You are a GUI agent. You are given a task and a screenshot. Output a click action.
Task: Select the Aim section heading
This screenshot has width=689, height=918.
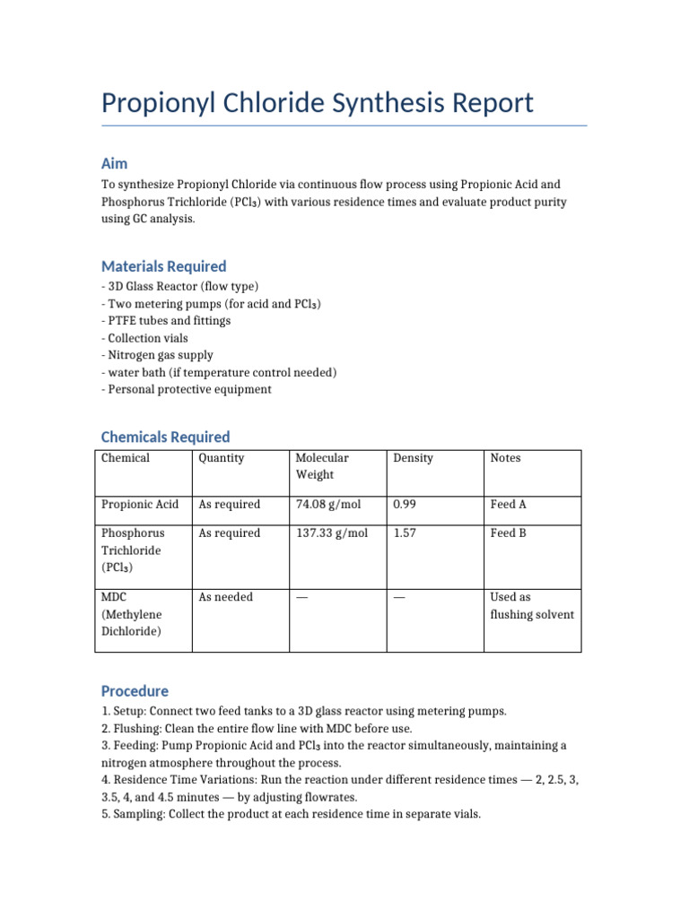point(114,163)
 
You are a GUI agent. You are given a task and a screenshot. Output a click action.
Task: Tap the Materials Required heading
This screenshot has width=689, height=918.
point(163,266)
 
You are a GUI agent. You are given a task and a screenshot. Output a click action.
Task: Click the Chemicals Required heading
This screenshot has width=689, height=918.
point(165,437)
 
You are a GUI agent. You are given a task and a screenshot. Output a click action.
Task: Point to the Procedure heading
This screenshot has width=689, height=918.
point(135,691)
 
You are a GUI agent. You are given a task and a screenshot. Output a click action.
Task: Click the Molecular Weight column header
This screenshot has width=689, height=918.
point(323,465)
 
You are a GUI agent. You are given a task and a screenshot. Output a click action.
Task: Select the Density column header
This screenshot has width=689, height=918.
point(413,458)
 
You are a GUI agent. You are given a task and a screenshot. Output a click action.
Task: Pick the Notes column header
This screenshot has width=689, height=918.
point(505,458)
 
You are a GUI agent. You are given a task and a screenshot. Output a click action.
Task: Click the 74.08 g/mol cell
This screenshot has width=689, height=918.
point(327,505)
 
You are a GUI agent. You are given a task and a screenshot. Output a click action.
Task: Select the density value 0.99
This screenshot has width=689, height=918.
point(405,505)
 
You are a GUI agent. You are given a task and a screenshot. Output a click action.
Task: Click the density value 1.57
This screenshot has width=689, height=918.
point(405,533)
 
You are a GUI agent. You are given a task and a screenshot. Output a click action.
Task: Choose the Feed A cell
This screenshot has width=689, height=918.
point(509,505)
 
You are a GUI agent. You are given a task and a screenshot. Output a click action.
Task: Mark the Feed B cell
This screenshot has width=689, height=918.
point(509,533)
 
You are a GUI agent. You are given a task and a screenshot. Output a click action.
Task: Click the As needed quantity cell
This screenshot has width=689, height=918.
point(226,597)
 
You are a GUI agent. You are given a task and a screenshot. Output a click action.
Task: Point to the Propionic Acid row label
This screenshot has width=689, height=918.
point(140,505)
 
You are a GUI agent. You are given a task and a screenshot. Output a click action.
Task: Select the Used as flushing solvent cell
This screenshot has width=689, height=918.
point(531,606)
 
